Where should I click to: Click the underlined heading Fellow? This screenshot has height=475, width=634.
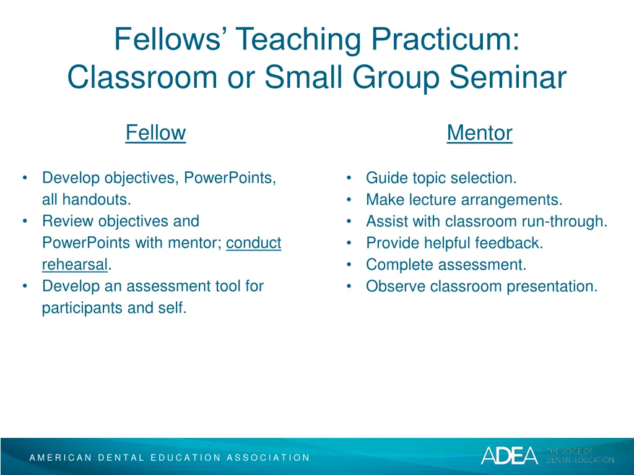tap(155, 133)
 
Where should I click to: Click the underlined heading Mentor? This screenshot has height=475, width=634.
tap(479, 133)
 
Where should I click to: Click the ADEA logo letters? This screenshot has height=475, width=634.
tap(509, 456)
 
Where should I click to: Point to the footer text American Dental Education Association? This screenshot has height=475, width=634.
tap(170, 458)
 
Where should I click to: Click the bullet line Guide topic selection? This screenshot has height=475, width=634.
tap(441, 178)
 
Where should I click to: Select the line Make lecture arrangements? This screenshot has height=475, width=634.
tap(464, 200)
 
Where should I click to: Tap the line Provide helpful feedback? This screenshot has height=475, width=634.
tap(454, 243)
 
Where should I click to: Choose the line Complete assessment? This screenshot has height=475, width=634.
tap(446, 265)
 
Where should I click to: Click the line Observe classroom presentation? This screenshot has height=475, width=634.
tap(482, 286)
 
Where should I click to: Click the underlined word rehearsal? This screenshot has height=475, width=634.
tap(75, 265)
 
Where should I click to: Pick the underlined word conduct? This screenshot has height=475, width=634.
tap(253, 243)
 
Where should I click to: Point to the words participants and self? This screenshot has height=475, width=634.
tap(114, 308)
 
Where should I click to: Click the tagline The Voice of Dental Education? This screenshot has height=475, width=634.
tap(580, 456)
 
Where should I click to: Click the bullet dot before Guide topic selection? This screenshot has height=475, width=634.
tap(350, 178)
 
